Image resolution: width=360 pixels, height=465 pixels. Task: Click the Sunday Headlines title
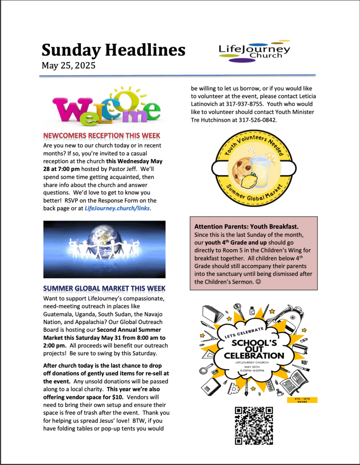(113, 50)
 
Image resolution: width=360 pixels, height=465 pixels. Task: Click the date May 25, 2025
(68, 66)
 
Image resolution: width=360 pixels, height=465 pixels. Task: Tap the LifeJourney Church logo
(255, 52)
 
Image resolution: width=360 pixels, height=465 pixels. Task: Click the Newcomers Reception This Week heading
(101, 136)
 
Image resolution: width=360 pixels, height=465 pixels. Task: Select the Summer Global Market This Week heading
(104, 288)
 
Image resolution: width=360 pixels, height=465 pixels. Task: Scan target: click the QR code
(254, 425)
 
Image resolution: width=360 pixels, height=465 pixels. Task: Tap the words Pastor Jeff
(138, 169)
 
